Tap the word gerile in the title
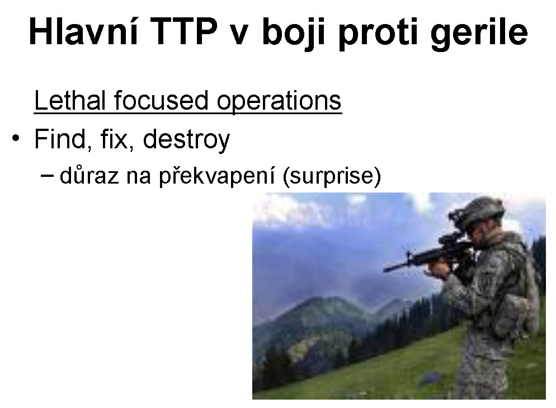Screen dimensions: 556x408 pyautogui.click(x=479, y=34)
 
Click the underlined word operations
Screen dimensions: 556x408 pyautogui.click(x=279, y=102)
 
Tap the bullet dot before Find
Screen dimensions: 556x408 pyautogui.click(x=16, y=138)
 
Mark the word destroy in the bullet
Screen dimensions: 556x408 pyautogui.click(x=186, y=140)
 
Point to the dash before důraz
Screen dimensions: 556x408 pyautogui.click(x=48, y=175)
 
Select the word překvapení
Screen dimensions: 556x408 pyautogui.click(x=216, y=176)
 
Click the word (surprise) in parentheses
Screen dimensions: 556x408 pyautogui.click(x=332, y=176)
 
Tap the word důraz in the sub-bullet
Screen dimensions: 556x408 pyautogui.click(x=89, y=175)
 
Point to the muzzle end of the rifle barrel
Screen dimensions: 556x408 pyautogui.click(x=384, y=270)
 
